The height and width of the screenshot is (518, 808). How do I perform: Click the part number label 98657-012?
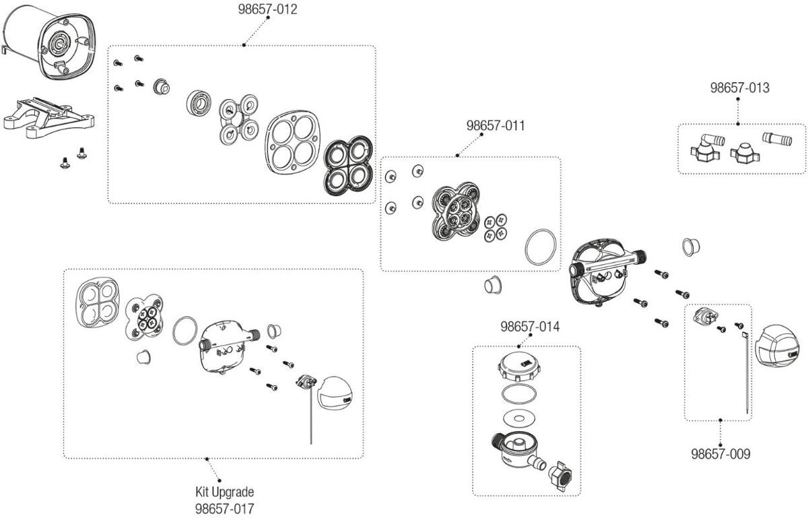[267, 9]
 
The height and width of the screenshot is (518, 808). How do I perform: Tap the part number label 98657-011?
[496, 125]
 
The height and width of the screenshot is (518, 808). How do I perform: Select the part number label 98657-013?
[739, 88]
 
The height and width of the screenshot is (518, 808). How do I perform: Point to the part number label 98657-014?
[529, 327]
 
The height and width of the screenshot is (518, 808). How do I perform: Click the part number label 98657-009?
[720, 453]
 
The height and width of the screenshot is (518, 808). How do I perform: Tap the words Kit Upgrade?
[224, 492]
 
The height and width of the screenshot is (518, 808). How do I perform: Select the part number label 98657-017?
[224, 508]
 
